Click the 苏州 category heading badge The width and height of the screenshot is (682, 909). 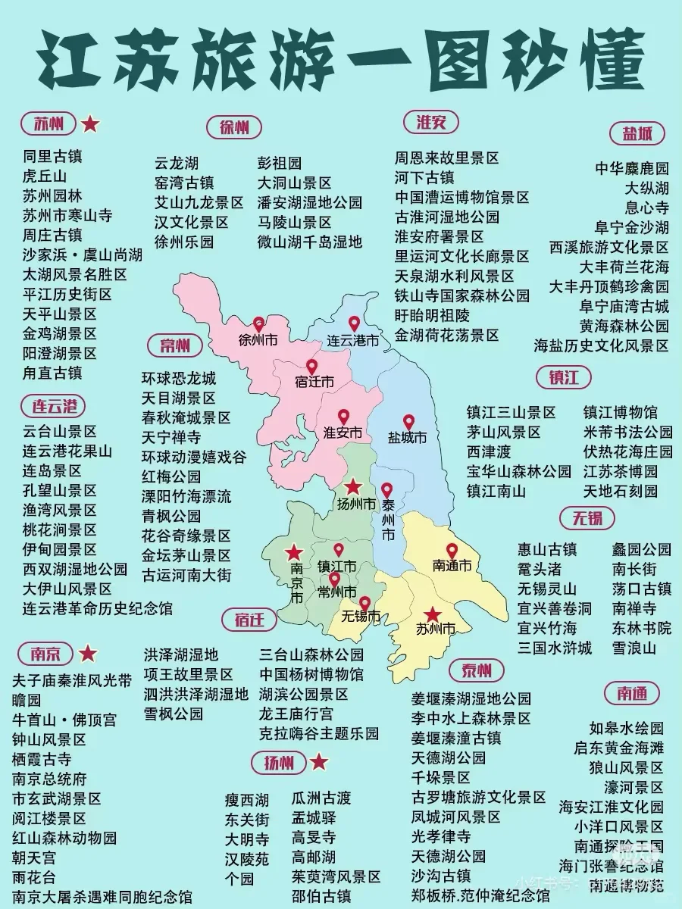coord(48,123)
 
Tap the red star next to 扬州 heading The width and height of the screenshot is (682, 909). coord(319,762)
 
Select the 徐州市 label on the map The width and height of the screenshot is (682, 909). coord(258,340)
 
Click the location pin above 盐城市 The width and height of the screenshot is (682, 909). coord(408,422)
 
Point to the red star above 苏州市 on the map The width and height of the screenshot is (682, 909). coord(432,614)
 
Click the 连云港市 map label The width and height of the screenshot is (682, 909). coord(353,341)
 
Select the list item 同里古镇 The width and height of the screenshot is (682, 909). coord(52,157)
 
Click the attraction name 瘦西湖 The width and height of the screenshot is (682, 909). coord(246,800)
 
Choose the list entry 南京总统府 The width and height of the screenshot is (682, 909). coord(49,779)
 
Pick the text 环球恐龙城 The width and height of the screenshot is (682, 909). coord(179,378)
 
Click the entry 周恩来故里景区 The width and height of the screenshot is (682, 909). coord(446,158)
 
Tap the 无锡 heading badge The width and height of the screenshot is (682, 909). coord(581,518)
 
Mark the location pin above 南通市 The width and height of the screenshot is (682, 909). coord(452,551)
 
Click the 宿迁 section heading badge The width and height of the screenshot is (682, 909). coord(249,620)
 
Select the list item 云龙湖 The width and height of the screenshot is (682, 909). coord(177,163)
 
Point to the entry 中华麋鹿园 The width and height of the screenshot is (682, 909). coord(631,168)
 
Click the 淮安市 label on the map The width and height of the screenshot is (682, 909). coord(343,433)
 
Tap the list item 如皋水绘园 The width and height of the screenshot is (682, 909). coord(626,729)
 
